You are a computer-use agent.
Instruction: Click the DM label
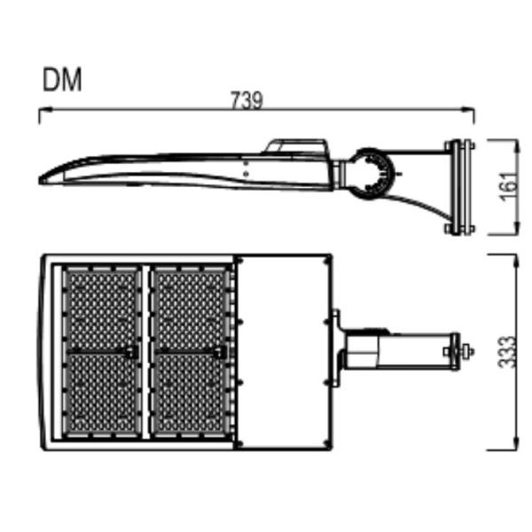[x=62, y=80]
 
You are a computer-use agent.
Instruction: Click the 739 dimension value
[x=246, y=100]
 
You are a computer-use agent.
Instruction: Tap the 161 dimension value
[x=510, y=187]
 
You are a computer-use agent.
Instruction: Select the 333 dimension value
[x=508, y=352]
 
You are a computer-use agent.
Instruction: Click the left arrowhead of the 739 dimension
[x=45, y=110]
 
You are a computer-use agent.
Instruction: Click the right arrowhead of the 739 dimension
[x=468, y=110]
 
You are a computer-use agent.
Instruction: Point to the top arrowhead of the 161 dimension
[x=516, y=146]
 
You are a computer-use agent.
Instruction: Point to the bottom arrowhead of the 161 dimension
[x=516, y=228]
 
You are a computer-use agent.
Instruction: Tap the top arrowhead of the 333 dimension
[x=516, y=262]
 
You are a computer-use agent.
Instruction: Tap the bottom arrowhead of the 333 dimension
[x=516, y=443]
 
